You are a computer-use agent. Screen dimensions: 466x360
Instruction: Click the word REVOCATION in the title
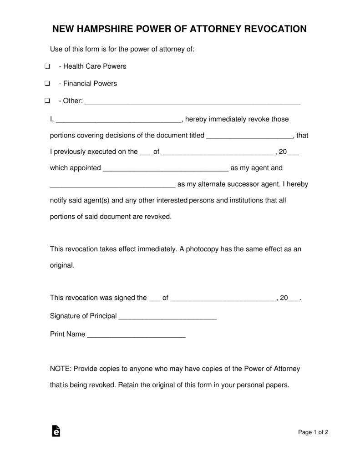pos(276,30)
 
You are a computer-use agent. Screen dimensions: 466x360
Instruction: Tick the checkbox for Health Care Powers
pos(47,66)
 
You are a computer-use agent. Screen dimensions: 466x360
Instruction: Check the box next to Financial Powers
pos(47,84)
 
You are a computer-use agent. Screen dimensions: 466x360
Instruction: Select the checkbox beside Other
pos(47,101)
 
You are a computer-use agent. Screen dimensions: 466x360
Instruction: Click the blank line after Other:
pos(193,102)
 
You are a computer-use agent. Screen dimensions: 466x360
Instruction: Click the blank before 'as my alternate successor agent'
pos(112,185)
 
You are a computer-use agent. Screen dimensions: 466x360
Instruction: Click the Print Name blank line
pos(136,335)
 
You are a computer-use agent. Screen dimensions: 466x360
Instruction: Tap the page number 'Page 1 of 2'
pos(313,432)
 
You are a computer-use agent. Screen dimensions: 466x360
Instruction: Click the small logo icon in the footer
pos(56,431)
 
